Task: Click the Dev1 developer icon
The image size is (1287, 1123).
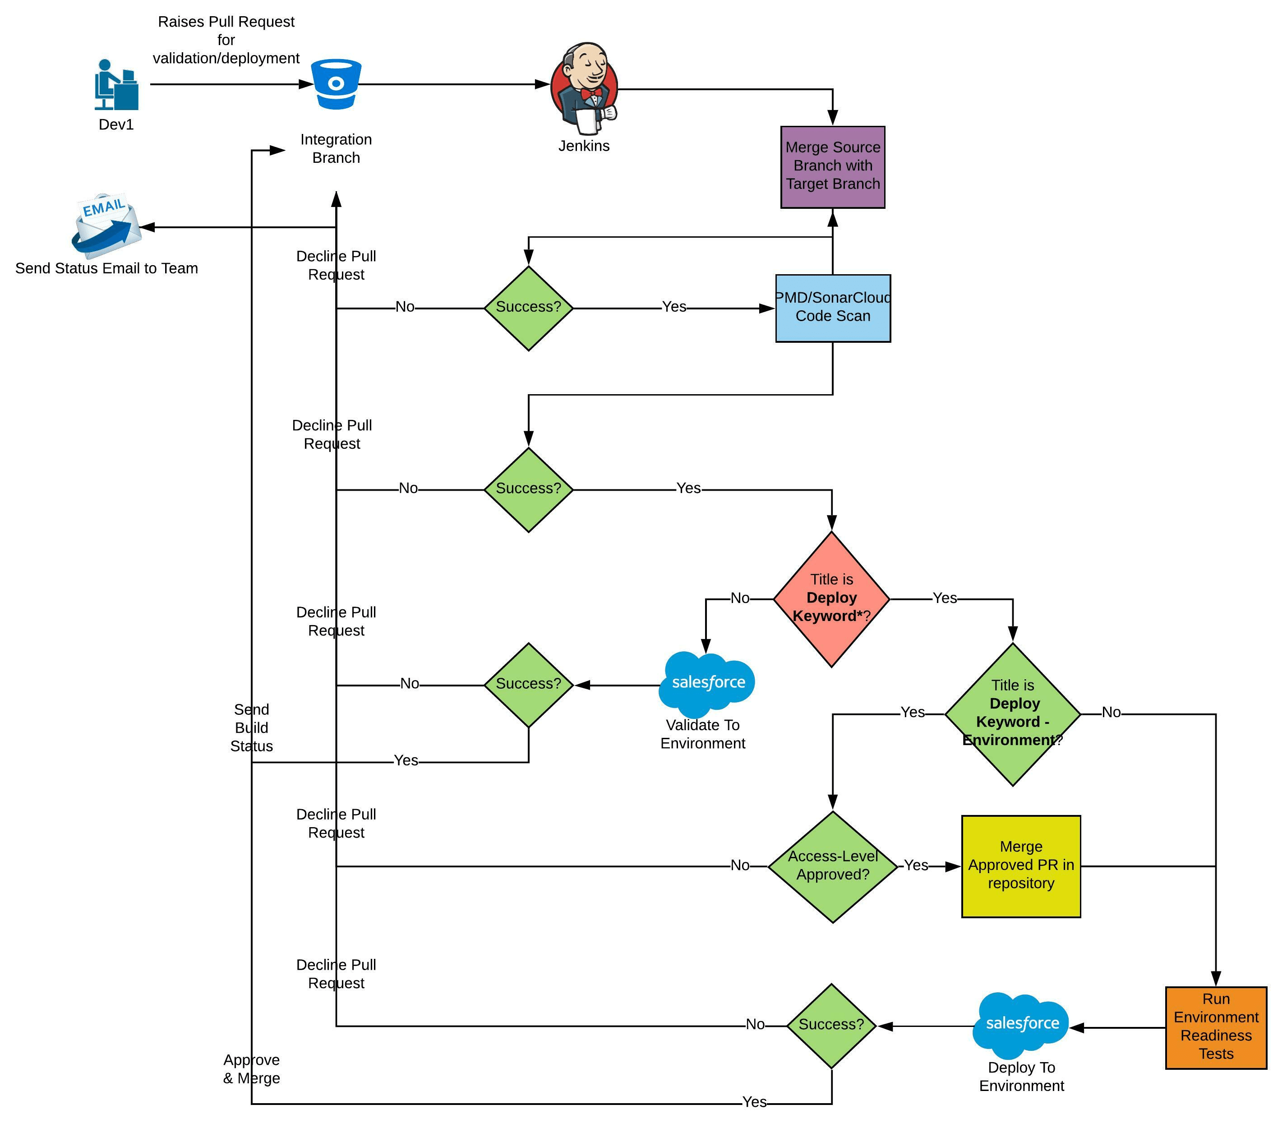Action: [x=116, y=85]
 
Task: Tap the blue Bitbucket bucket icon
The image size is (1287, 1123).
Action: [x=337, y=84]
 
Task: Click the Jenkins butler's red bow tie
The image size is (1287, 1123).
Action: [x=590, y=93]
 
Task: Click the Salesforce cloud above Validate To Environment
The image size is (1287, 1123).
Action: [x=707, y=684]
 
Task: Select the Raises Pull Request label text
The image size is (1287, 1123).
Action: [x=226, y=40]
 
